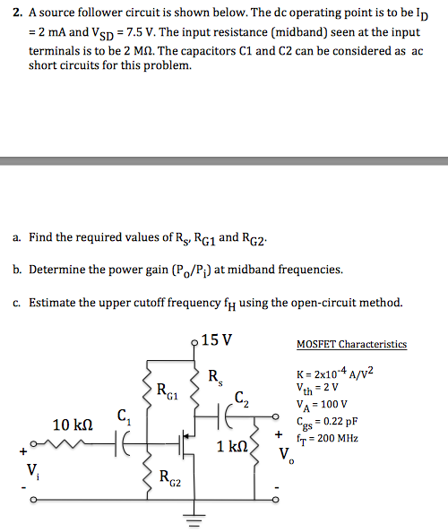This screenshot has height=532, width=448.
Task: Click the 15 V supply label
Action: tap(218, 340)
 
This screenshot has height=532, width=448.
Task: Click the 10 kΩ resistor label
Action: tap(73, 425)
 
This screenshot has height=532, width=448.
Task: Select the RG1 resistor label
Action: tap(168, 390)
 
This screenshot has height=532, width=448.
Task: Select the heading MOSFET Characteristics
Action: tap(351, 344)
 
